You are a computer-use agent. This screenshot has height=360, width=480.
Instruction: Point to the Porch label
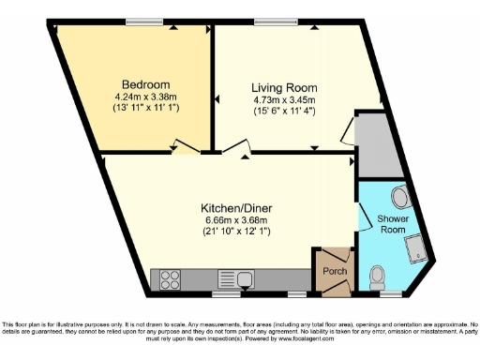(x=335, y=272)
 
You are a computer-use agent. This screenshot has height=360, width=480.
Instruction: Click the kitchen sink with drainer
(x=235, y=278)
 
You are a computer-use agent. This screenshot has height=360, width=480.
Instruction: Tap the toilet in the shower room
(x=378, y=277)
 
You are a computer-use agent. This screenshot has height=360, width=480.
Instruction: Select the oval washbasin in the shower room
(x=399, y=197)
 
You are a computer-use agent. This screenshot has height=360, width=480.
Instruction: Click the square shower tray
(x=413, y=246)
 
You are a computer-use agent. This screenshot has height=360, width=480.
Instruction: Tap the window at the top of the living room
(x=274, y=22)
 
